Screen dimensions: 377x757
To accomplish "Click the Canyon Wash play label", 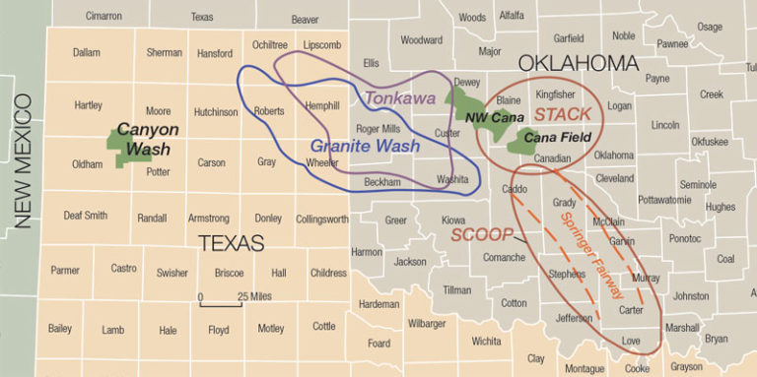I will tap(148, 138).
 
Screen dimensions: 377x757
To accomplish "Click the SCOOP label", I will tap(483, 235).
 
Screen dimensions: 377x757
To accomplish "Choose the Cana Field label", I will tap(558, 138).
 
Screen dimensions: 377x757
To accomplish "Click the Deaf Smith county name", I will tap(86, 216).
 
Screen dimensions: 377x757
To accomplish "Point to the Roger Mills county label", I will tap(378, 129).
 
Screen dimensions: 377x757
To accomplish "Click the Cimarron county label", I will tap(103, 17).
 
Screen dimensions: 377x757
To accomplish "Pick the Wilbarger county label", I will tap(427, 323).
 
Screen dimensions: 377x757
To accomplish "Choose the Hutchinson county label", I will tap(215, 112).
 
